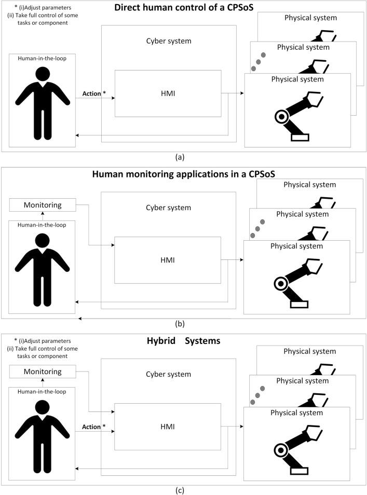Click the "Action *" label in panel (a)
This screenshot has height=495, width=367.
pyautogui.click(x=94, y=93)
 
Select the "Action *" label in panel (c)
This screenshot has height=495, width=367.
pyautogui.click(x=94, y=427)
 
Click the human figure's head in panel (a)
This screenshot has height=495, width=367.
pyautogui.click(x=43, y=75)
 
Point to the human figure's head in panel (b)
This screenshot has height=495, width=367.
pyautogui.click(x=43, y=242)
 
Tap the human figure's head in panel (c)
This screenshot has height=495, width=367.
pyautogui.click(x=43, y=407)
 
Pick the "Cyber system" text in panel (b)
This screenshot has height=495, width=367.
pyautogui.click(x=169, y=208)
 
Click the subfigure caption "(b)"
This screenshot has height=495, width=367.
pyautogui.click(x=183, y=324)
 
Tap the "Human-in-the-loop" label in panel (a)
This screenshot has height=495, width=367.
pyautogui.click(x=42, y=58)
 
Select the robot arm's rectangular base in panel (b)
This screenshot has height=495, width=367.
pyautogui.click(x=300, y=304)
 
